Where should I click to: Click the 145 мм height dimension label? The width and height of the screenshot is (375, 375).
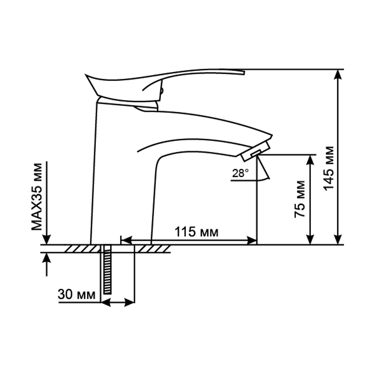tap(328, 168)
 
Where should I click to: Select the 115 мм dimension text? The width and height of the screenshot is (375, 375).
tap(196, 232)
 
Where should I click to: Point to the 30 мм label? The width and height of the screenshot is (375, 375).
tap(77, 294)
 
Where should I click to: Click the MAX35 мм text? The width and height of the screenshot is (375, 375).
tap(37, 196)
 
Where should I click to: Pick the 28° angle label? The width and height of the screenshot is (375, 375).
tap(240, 173)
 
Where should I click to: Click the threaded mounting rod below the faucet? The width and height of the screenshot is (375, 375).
tap(107, 269)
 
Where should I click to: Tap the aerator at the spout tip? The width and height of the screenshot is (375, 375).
tap(255, 151)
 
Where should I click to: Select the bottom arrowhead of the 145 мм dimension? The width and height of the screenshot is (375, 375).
tap(338, 239)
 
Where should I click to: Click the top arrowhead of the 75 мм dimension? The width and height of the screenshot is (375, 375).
tap(310, 159)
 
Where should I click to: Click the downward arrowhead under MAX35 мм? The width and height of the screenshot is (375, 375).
tap(46, 239)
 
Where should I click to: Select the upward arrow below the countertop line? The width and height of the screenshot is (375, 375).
tap(46, 258)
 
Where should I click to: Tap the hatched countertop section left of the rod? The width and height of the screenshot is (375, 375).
tap(81, 249)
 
